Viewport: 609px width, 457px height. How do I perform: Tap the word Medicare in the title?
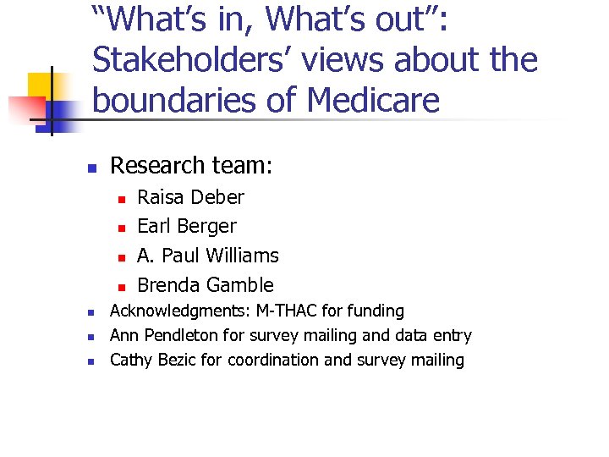[373, 100]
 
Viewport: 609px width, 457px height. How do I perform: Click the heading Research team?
[191, 165]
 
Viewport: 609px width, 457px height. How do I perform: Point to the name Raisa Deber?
[190, 197]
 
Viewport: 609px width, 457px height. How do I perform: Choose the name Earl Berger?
[187, 226]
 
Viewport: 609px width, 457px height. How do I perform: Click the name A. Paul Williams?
[207, 256]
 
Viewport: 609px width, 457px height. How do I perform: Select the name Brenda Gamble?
[206, 285]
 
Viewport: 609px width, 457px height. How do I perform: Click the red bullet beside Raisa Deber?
[121, 199]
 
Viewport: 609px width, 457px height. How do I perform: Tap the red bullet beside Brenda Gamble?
[121, 286]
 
